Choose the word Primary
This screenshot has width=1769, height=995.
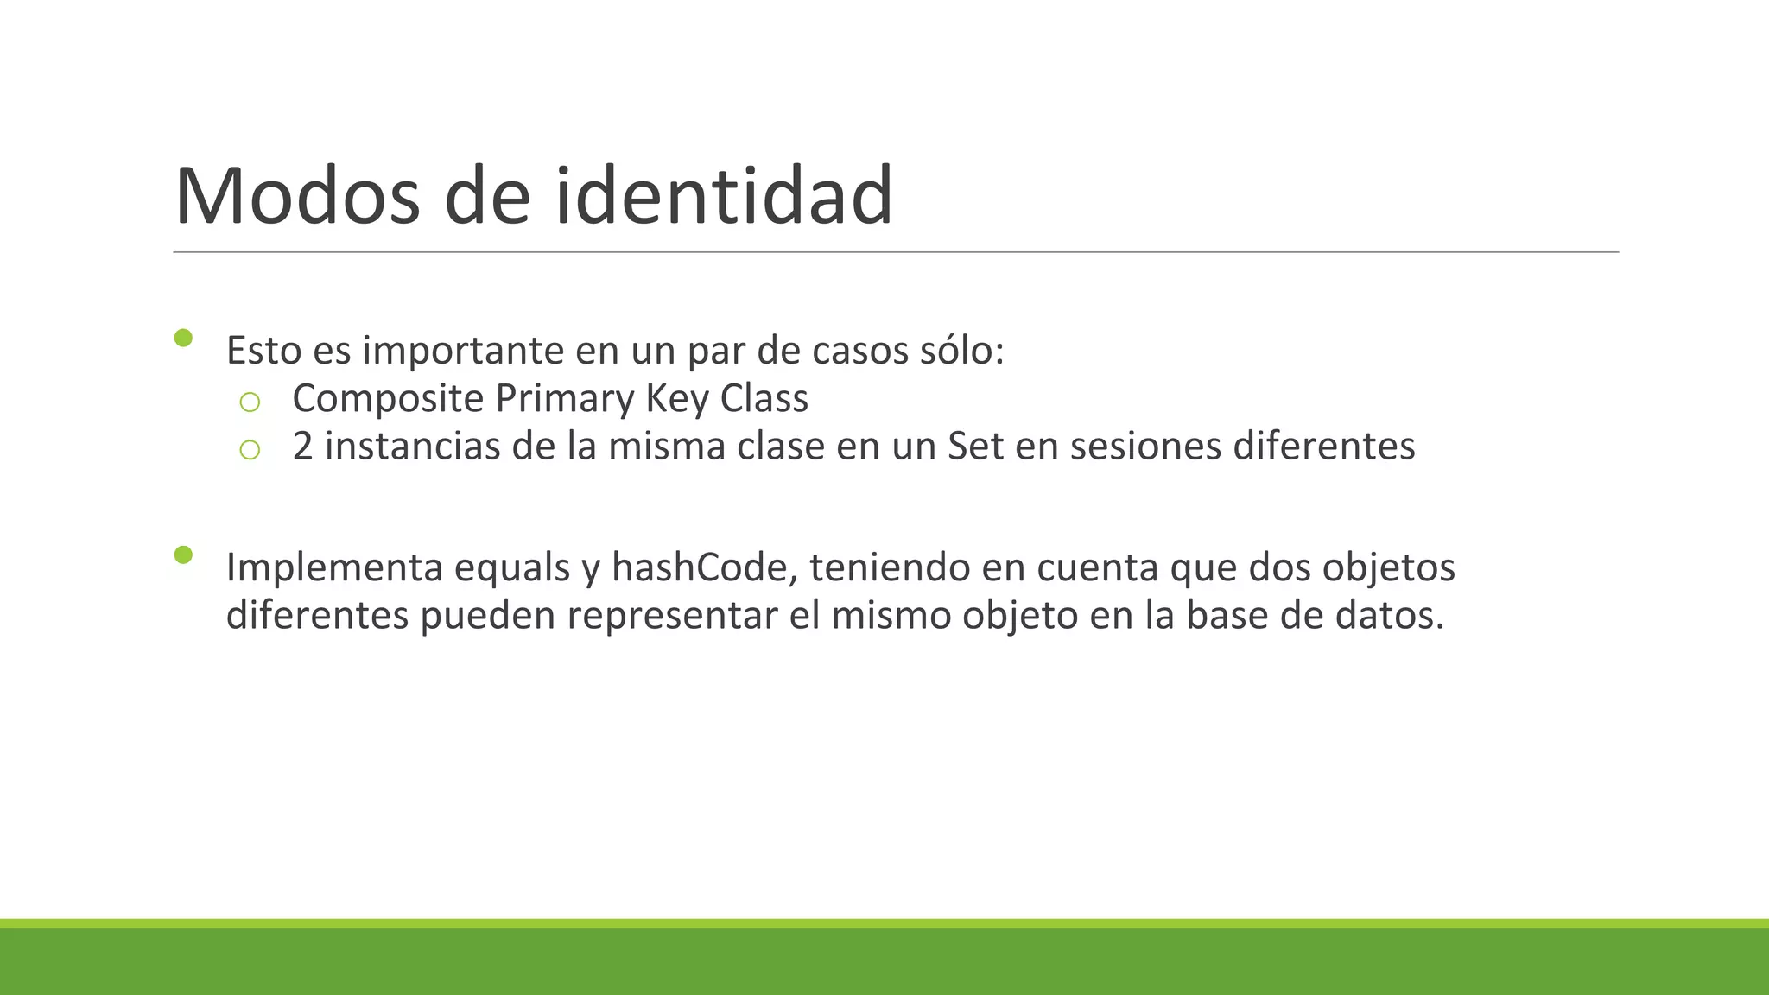pos(565,399)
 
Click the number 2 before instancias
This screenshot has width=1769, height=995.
pos(302,447)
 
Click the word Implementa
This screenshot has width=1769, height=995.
pos(334,567)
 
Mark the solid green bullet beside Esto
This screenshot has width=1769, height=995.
pos(183,338)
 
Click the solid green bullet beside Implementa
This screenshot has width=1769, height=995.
pos(183,555)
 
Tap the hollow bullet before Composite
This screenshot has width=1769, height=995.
pos(250,402)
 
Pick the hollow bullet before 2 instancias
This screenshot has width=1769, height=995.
pos(250,450)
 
